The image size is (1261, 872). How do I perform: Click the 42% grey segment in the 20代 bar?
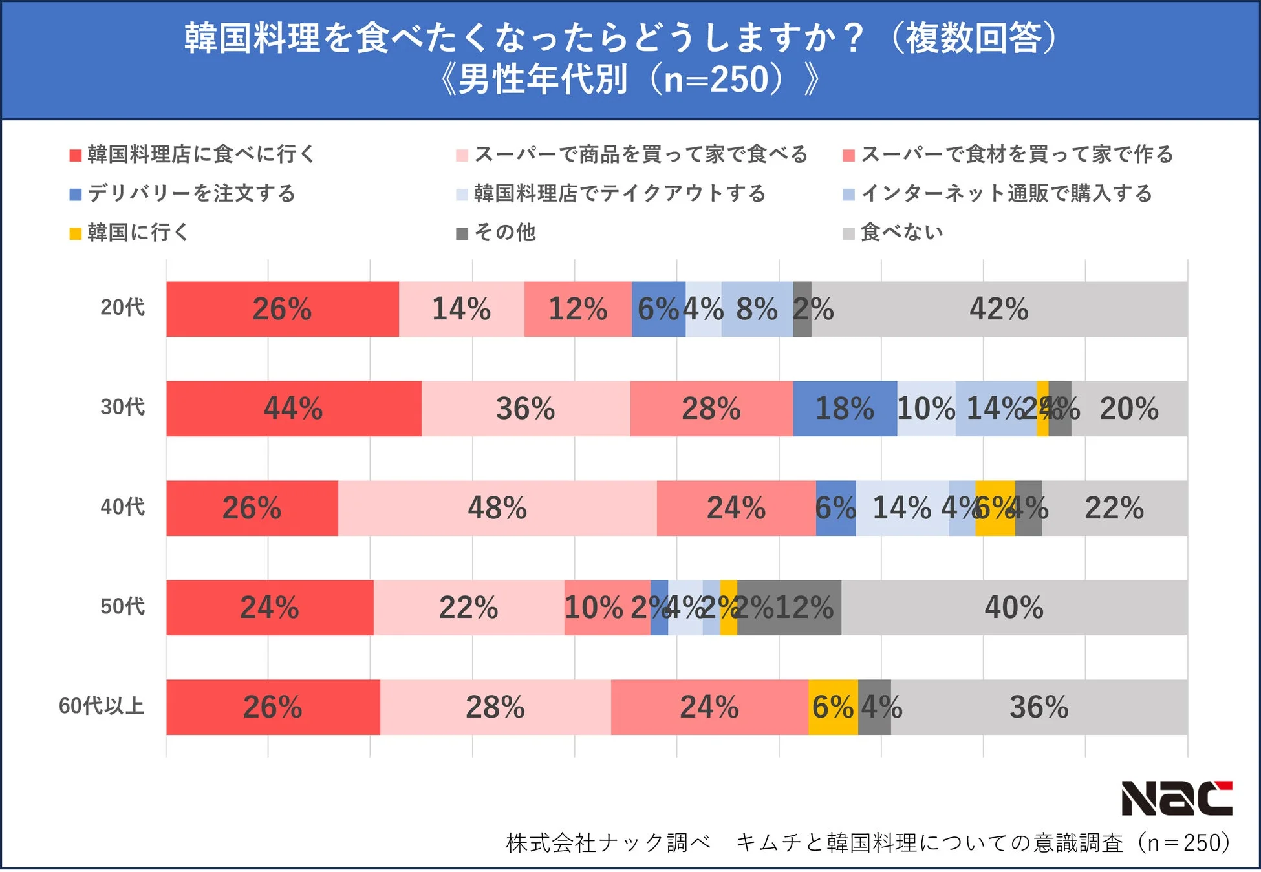999,309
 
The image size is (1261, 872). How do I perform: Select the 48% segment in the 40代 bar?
497,508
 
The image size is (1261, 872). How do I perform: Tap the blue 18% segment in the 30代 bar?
845,409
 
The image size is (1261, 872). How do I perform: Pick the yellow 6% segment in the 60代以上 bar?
833,707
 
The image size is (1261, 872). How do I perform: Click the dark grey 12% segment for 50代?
790,608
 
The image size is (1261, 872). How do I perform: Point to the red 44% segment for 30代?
294,409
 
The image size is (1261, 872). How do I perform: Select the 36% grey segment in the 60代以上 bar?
1039,707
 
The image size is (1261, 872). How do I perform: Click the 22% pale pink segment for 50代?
469,608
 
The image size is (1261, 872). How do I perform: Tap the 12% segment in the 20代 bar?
577,309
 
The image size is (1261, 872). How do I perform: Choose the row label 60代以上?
102,706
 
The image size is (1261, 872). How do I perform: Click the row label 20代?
122,307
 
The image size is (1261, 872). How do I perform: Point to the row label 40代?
122,507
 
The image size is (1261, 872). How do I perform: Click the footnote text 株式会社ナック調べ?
608,843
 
